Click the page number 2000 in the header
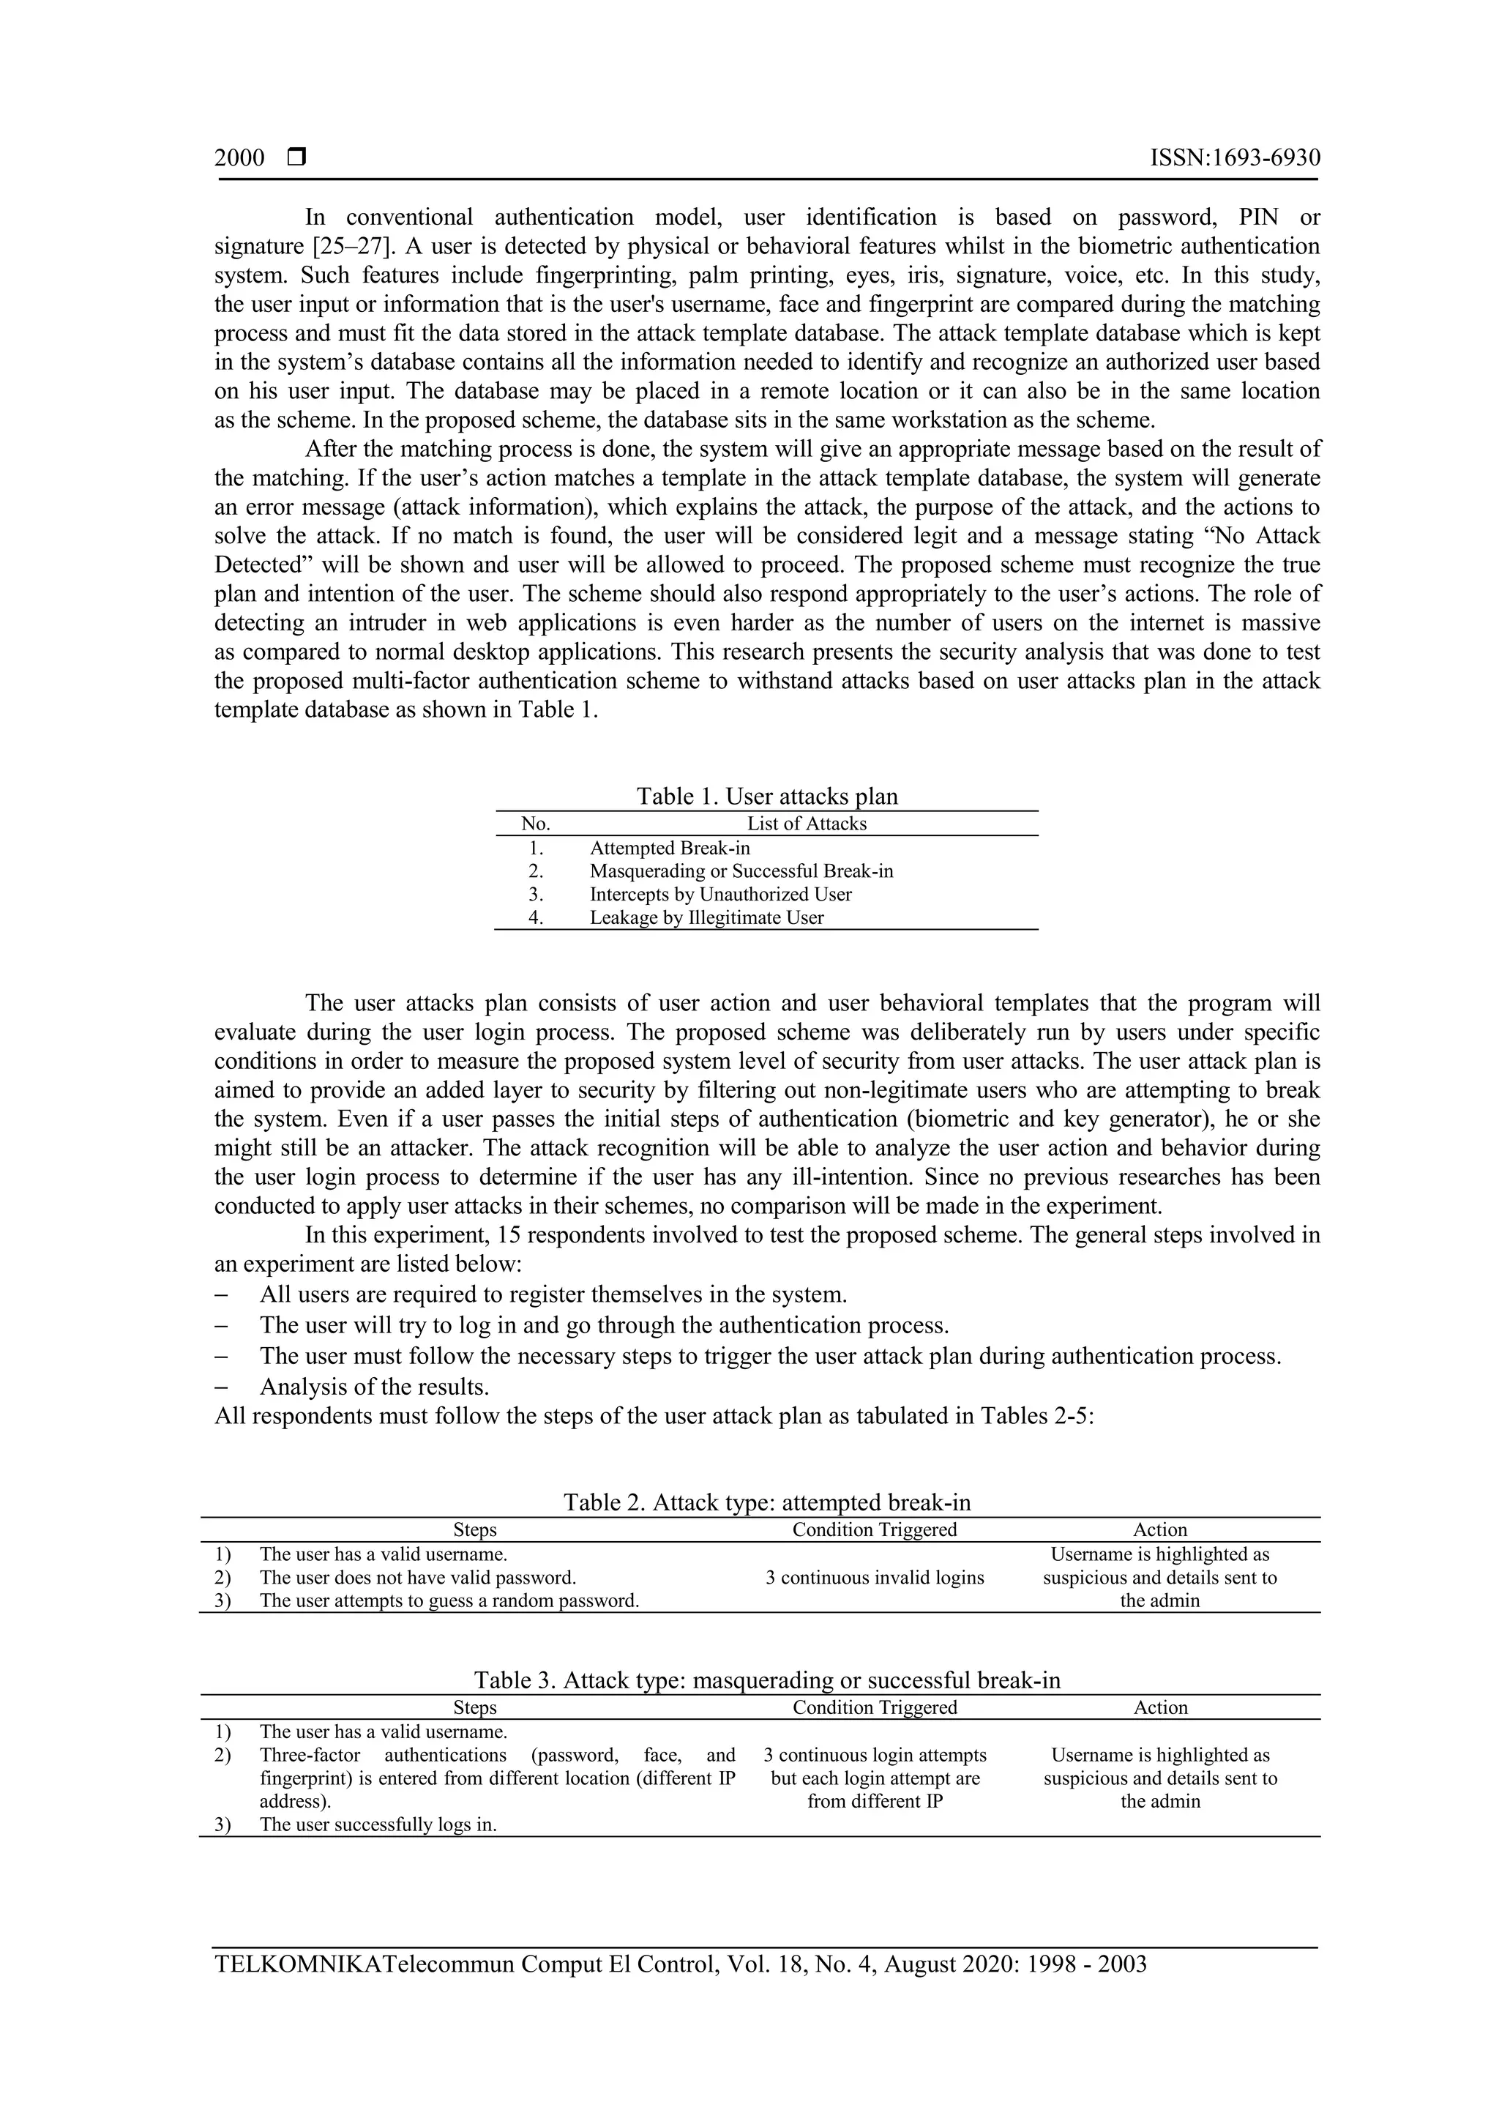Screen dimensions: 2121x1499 (239, 158)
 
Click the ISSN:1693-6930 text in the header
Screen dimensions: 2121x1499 (1234, 158)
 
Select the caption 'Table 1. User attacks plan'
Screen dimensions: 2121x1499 (766, 797)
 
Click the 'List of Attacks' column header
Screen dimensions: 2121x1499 (807, 823)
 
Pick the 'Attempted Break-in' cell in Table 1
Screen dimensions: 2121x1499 (670, 848)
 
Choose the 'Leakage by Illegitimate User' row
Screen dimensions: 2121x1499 (706, 917)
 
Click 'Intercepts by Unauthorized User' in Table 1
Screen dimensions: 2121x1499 (720, 894)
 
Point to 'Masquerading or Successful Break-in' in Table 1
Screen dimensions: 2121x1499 (741, 871)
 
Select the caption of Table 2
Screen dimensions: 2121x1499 (766, 1502)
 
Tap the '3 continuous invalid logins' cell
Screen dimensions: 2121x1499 (874, 1578)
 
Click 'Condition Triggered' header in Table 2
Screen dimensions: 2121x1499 (874, 1529)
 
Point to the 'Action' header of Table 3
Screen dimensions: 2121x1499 (1160, 1707)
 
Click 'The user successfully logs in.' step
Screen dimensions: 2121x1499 (378, 1824)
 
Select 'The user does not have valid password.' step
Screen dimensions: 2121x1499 (417, 1578)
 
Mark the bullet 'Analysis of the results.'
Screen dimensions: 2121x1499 (374, 1387)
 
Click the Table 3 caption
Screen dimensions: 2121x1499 (766, 1680)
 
